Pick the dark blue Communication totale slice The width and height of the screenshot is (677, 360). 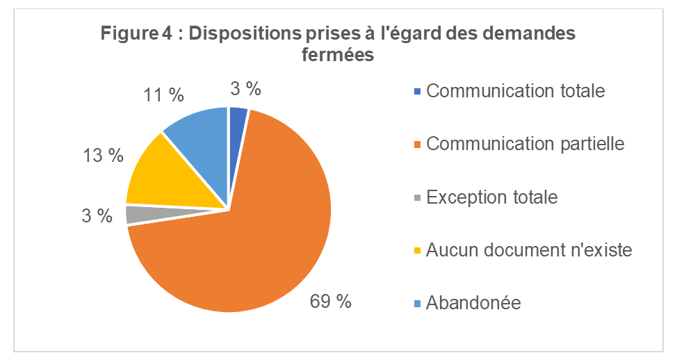237,122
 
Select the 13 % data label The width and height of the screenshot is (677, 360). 102,156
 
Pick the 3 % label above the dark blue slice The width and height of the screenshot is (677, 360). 245,88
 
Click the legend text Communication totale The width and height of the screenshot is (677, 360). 516,91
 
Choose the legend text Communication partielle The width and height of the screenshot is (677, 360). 525,144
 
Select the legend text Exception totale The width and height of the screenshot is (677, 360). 492,197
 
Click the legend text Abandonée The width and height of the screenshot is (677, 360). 474,302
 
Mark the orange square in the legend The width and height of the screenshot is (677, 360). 417,145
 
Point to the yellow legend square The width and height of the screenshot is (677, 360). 417,250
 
